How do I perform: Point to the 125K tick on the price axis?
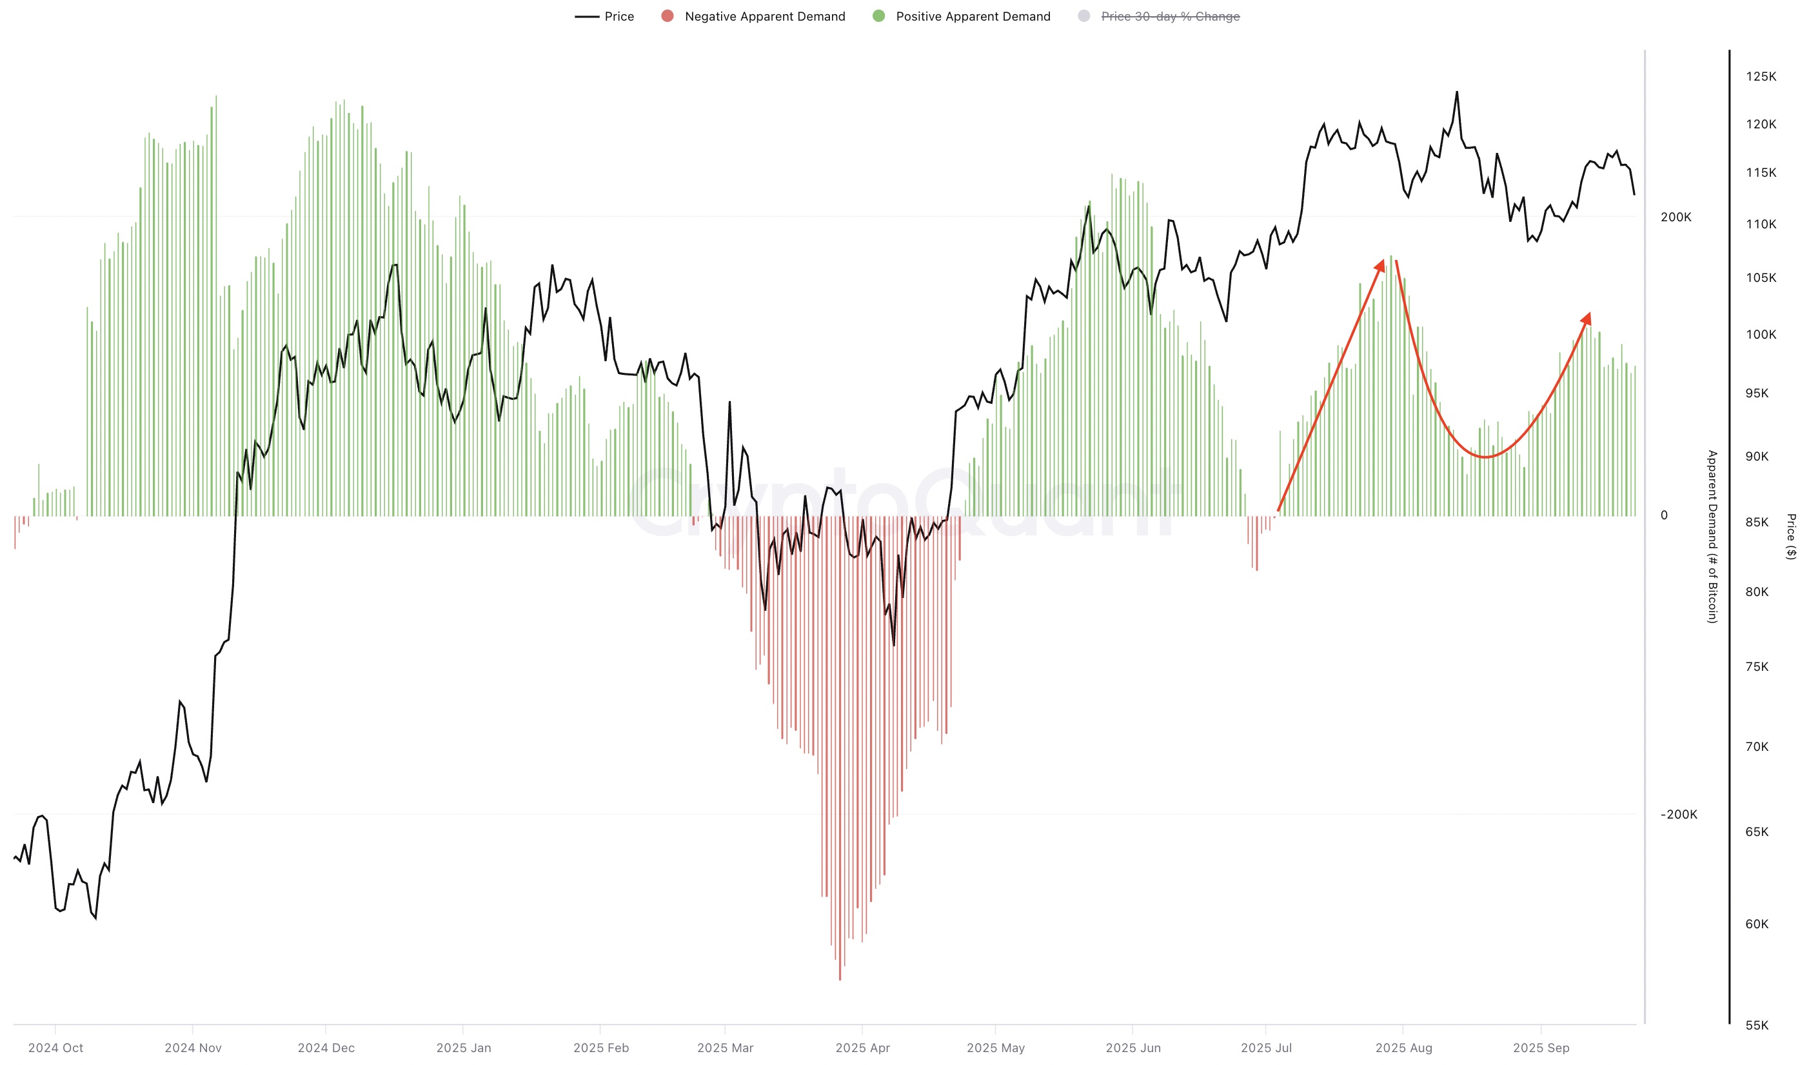tap(1760, 77)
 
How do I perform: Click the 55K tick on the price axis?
tap(1756, 1024)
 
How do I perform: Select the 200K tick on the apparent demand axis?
tap(1675, 217)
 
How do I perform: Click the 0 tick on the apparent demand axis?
tap(1663, 515)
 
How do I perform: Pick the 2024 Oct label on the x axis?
tap(55, 1048)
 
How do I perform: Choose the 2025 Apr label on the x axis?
tap(862, 1048)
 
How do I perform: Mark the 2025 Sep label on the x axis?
tap(1541, 1048)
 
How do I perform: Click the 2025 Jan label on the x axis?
tap(463, 1048)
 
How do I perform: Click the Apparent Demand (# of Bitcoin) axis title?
tap(1712, 536)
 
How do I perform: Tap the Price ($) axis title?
tap(1790, 536)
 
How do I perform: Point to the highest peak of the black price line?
tap(1456, 92)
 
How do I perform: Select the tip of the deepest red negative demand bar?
tap(840, 979)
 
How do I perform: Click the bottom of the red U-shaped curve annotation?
tap(1485, 457)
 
